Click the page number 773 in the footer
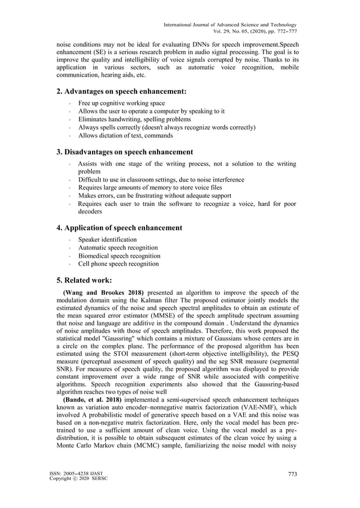click(292, 474)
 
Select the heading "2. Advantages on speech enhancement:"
click(121, 91)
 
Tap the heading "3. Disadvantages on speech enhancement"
click(125, 152)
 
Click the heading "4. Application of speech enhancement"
click(119, 228)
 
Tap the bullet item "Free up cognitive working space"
click(121, 104)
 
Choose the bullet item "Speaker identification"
click(107, 240)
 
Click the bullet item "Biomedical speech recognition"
click(119, 255)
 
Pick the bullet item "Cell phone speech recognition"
click(118, 263)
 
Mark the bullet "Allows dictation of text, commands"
click(125, 136)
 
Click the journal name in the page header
click(230, 24)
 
